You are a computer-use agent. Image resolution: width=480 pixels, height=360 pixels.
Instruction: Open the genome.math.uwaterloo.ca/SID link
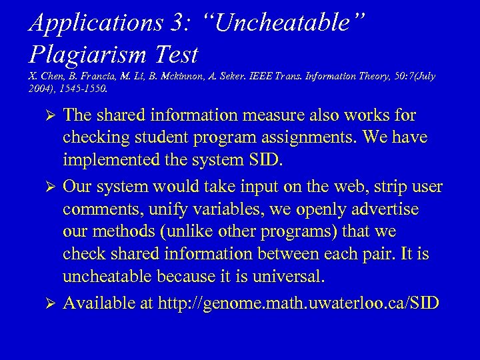click(x=298, y=303)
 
